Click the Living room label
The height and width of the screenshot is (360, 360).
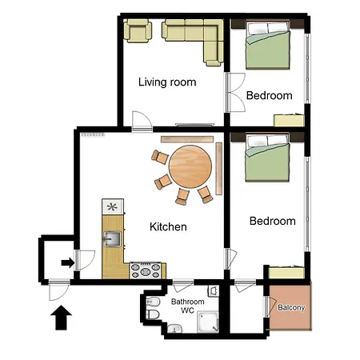[167, 82]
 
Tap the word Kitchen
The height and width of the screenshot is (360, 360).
[168, 227]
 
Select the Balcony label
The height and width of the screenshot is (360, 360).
[291, 307]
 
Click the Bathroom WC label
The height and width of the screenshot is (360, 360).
[188, 306]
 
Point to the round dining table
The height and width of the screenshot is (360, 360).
[190, 166]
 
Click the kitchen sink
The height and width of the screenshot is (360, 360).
[112, 239]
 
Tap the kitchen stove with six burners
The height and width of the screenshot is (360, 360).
[146, 270]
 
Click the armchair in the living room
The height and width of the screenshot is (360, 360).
[138, 30]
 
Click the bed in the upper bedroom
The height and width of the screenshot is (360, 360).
[267, 45]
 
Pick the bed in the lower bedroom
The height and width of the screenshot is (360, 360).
[267, 158]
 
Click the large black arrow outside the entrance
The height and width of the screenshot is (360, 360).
[61, 318]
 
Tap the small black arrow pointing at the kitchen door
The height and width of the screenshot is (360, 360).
[68, 262]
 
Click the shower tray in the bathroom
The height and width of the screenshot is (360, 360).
[208, 322]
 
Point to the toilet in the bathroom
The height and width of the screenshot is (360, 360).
[153, 314]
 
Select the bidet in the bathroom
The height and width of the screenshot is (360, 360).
[153, 302]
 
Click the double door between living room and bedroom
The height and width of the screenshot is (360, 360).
[235, 93]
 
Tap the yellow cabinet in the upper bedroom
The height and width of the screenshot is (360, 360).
[289, 121]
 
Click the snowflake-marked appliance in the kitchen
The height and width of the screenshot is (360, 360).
[113, 206]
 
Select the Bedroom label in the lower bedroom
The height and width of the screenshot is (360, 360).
[273, 221]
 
